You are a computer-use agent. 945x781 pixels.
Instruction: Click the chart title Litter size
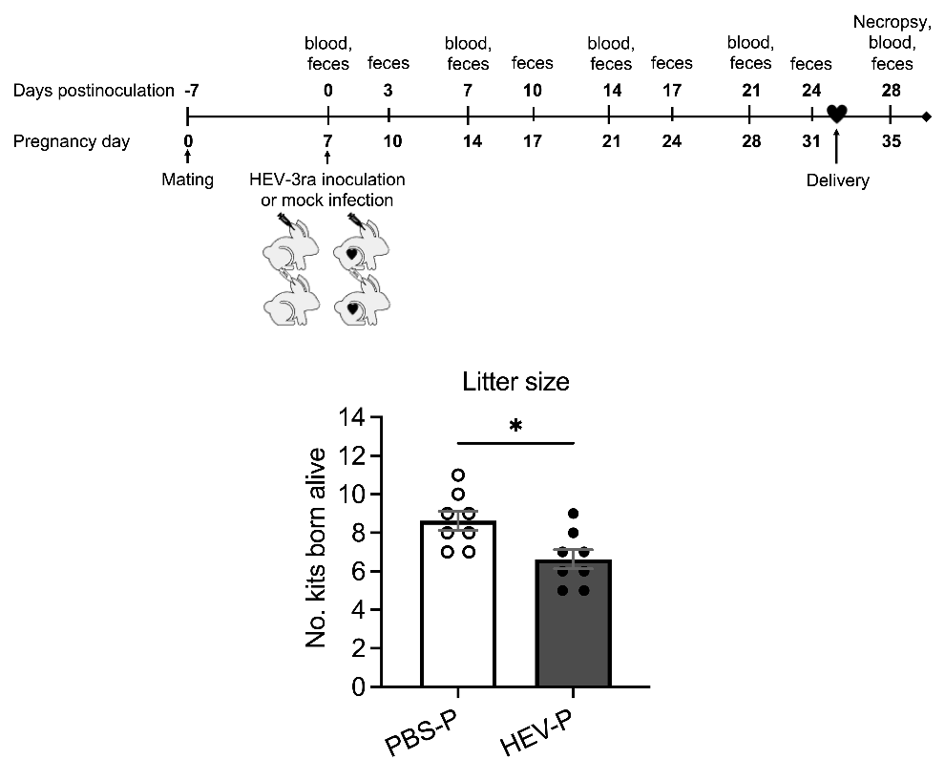point(515,383)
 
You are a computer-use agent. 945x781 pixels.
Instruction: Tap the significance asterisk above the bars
point(516,426)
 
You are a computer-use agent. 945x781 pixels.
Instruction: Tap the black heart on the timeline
point(836,114)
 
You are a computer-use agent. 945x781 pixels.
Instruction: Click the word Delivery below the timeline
point(837,179)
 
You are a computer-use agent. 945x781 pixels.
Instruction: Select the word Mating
point(188,179)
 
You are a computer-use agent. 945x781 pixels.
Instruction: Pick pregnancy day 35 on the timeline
point(891,142)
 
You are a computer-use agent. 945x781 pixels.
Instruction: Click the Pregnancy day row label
point(73,142)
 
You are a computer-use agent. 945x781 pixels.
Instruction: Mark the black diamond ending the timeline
point(927,117)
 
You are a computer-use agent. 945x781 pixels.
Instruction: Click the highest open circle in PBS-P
point(458,475)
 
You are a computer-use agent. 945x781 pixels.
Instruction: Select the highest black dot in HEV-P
point(573,514)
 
